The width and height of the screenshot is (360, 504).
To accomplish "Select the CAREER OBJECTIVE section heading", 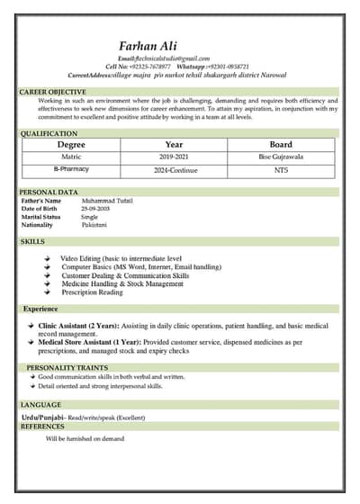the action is tap(53, 92).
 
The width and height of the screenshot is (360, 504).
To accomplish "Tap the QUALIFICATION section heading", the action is tap(49, 133).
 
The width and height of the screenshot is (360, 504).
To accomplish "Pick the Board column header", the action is tap(281, 144).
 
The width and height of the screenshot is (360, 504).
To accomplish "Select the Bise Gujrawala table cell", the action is tap(281, 157).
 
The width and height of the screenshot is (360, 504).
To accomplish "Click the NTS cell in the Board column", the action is tap(281, 169).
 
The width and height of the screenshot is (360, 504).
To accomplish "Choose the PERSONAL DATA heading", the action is tap(49, 192).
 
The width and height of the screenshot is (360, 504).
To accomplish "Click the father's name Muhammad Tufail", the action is tap(106, 201).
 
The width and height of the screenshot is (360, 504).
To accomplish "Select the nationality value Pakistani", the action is tap(94, 225).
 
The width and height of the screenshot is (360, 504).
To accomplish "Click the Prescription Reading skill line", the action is tap(92, 292).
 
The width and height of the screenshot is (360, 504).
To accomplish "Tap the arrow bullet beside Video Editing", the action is tap(47, 259).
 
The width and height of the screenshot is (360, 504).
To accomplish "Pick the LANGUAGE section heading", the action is tap(40, 405).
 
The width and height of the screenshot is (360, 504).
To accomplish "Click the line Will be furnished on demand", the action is tap(85, 438).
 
